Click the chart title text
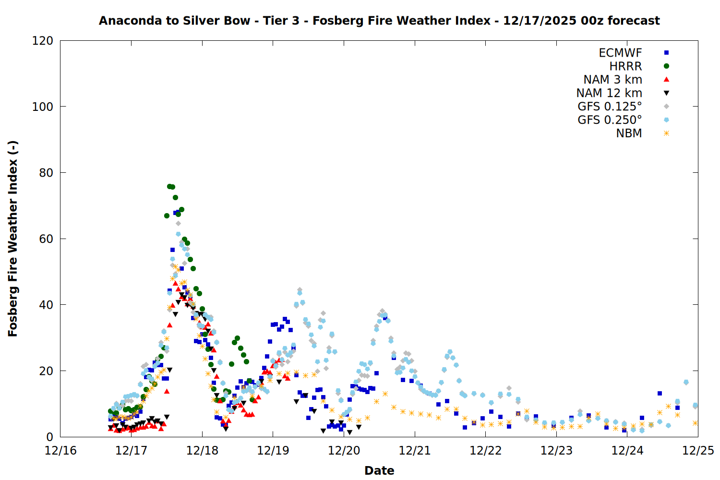(x=379, y=21)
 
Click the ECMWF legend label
(x=620, y=53)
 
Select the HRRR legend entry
(x=625, y=66)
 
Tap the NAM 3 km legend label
(x=612, y=80)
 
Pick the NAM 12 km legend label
(x=609, y=93)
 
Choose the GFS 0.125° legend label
(x=610, y=107)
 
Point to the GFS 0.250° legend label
(x=610, y=120)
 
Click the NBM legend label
(x=629, y=133)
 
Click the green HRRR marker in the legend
(x=666, y=66)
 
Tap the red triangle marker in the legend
(x=666, y=79)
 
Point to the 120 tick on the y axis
(x=43, y=41)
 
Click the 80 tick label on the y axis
(x=46, y=173)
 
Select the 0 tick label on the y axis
(x=49, y=437)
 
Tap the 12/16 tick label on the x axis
(x=60, y=451)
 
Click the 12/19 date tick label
(x=273, y=451)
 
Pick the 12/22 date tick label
(x=485, y=451)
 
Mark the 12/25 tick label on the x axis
(x=698, y=451)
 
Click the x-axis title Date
(x=379, y=470)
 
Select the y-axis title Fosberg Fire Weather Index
(x=13, y=239)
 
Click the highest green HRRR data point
(x=169, y=186)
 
